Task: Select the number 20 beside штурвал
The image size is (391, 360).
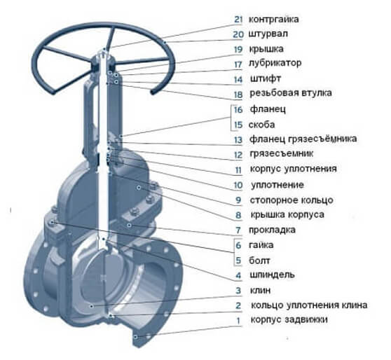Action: (x=238, y=33)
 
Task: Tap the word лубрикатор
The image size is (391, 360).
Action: (x=275, y=63)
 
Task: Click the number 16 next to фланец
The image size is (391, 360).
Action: (x=238, y=110)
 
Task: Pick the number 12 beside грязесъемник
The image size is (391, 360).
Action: (x=238, y=154)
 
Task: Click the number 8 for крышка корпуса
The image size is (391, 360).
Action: (x=238, y=215)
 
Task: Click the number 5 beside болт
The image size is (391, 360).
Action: (x=238, y=260)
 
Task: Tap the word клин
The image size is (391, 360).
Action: (x=260, y=290)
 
